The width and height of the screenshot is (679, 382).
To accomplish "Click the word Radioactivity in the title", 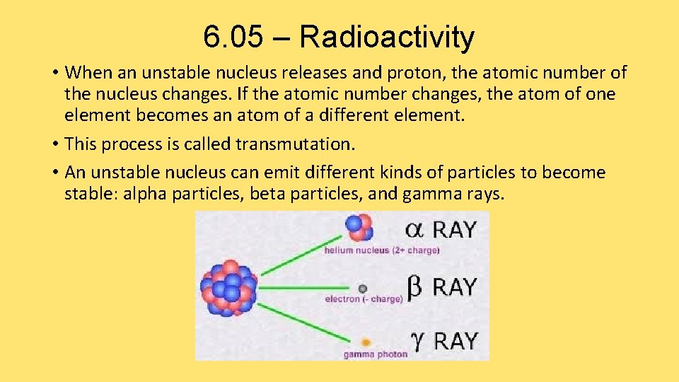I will pyautogui.click(x=386, y=37).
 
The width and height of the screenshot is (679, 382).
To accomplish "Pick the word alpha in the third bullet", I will pyautogui.click(x=145, y=194).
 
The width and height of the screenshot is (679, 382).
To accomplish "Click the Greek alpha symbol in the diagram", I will pyautogui.click(x=414, y=230).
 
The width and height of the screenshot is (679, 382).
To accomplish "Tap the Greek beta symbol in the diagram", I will pyautogui.click(x=415, y=287).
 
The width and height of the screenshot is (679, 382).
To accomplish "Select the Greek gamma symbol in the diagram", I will pyautogui.click(x=417, y=341).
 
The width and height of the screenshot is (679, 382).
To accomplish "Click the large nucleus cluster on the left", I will pyautogui.click(x=228, y=286).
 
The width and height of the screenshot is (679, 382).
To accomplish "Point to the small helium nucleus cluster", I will pyautogui.click(x=359, y=227).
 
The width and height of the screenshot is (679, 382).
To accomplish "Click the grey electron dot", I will pyautogui.click(x=363, y=288).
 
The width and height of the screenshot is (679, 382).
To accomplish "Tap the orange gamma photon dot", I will pyautogui.click(x=366, y=342).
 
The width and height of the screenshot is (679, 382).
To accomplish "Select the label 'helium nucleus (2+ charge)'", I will pyautogui.click(x=382, y=250).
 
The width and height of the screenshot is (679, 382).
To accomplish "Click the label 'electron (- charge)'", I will pyautogui.click(x=364, y=299).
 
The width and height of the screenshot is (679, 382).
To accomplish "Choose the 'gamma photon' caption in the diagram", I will pyautogui.click(x=376, y=354).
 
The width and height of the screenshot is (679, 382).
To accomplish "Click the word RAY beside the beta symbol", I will pyautogui.click(x=454, y=287).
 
